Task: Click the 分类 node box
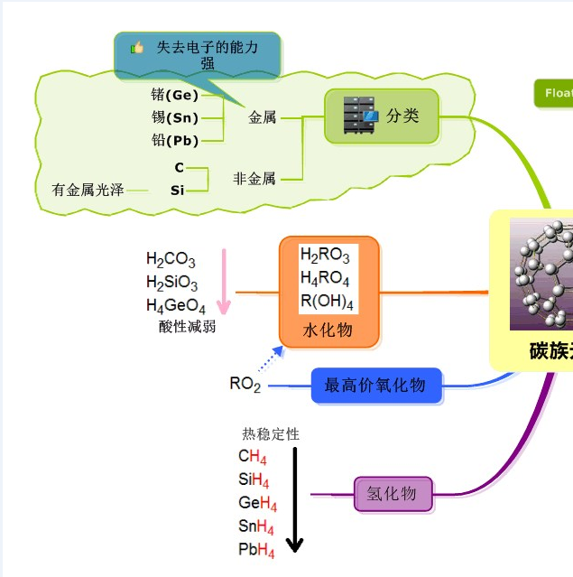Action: coord(382,116)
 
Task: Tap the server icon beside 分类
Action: coord(361,116)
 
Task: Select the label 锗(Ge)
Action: coord(175,94)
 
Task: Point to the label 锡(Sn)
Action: coord(175,117)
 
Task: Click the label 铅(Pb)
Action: coord(175,141)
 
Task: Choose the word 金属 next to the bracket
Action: coord(263,117)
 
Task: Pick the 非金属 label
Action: coord(254,179)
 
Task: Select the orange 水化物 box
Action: coord(328,292)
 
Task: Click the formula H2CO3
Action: coord(171,262)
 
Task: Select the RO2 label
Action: coord(245,385)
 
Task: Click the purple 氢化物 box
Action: coord(393,494)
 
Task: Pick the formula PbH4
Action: coord(257,550)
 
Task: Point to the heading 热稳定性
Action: coord(271,434)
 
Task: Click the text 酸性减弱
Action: coord(188,327)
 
